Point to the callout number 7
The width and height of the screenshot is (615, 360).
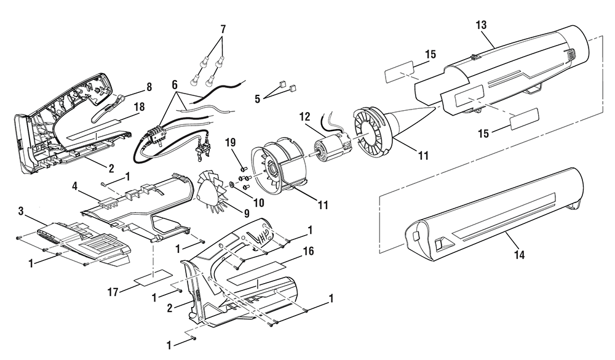tap(223, 28)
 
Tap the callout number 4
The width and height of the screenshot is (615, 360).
tap(74, 185)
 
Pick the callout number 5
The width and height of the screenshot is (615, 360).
tap(257, 98)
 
